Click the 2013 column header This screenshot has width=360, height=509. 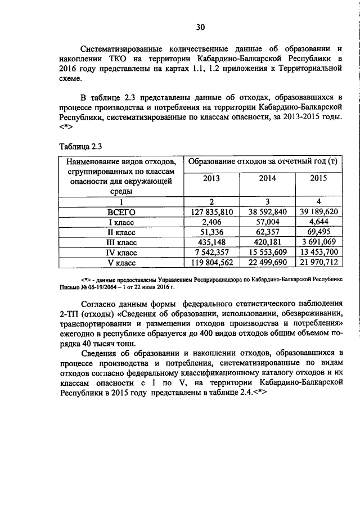pyautogui.click(x=211, y=178)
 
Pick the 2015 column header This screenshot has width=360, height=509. pyautogui.click(x=318, y=178)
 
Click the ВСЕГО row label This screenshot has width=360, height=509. pyautogui.click(x=121, y=212)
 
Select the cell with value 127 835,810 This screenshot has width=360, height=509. pyautogui.click(x=211, y=212)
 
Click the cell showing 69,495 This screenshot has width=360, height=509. pyautogui.click(x=318, y=232)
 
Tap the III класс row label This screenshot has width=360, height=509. pyautogui.click(x=121, y=242)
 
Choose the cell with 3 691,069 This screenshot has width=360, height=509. pyautogui.click(x=318, y=242)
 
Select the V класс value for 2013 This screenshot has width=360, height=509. pyautogui.click(x=211, y=263)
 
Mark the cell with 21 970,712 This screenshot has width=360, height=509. pyautogui.click(x=318, y=263)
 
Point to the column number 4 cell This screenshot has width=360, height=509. pyautogui.click(x=318, y=202)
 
